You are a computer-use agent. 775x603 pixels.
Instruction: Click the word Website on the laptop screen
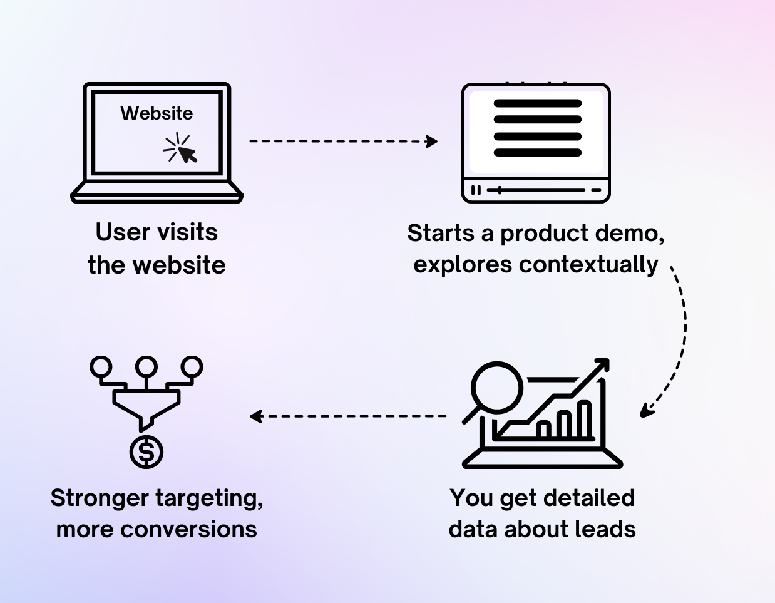[x=157, y=113]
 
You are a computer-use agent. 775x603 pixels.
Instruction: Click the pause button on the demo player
[x=476, y=190]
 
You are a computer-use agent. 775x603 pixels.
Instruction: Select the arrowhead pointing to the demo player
[x=432, y=141]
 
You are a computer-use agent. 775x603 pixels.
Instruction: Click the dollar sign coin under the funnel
[x=146, y=452]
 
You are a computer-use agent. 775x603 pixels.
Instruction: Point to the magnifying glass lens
[x=496, y=387]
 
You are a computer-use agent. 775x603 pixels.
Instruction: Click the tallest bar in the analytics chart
[x=583, y=420]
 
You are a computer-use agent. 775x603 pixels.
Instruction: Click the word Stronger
[x=99, y=498]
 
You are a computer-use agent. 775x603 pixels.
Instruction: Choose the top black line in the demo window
[x=538, y=103]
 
